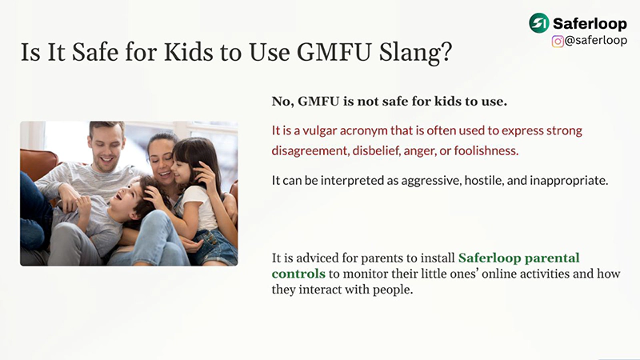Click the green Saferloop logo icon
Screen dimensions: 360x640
click(539, 23)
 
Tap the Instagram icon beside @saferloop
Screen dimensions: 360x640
click(558, 41)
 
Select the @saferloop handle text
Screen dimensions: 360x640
click(595, 41)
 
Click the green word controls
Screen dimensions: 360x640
click(298, 274)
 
